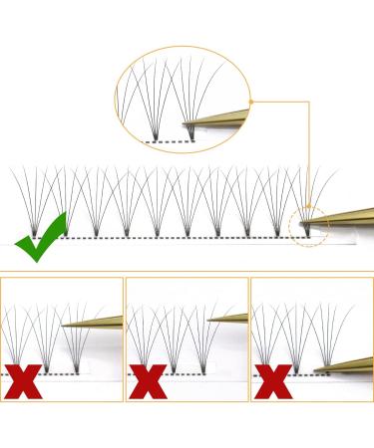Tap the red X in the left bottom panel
(x=22, y=380)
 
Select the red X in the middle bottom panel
(x=148, y=380)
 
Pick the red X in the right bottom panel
(x=272, y=380)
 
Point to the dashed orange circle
(x=307, y=227)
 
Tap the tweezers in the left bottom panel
(x=95, y=322)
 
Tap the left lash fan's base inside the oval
(x=155, y=130)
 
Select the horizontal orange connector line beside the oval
(x=280, y=101)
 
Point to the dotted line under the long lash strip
(x=180, y=238)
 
